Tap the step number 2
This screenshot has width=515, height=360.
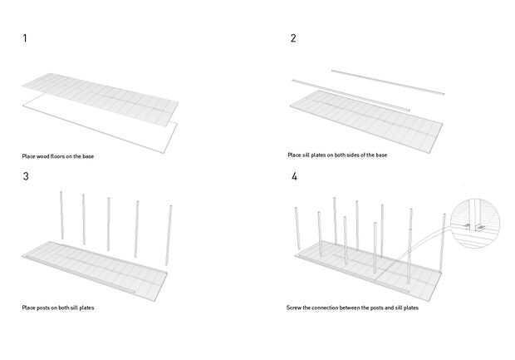pyautogui.click(x=293, y=38)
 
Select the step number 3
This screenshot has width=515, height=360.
pyautogui.click(x=25, y=176)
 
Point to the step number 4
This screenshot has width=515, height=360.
pyautogui.click(x=294, y=176)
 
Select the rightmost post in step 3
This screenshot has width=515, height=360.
pyautogui.click(x=169, y=237)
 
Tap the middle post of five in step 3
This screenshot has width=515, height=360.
pyautogui.click(x=109, y=224)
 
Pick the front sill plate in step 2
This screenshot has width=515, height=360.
pyautogui.click(x=349, y=95)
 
